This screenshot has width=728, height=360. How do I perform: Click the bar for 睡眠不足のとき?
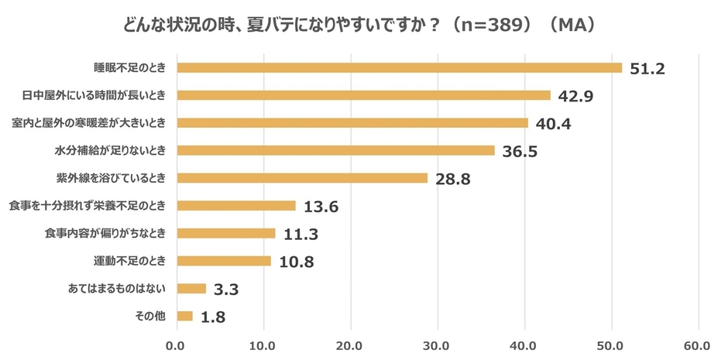pyautogui.click(x=399, y=67)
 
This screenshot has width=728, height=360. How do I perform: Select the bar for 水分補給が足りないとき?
pyautogui.click(x=335, y=150)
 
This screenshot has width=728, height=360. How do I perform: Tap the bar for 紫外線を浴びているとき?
pyautogui.click(x=302, y=178)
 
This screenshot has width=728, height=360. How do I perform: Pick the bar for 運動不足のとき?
pyautogui.click(x=224, y=261)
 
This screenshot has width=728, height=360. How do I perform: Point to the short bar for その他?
pyautogui.click(x=184, y=316)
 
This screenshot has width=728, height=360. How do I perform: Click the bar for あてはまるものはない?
pyautogui.click(x=191, y=288)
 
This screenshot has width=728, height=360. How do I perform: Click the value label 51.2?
pyautogui.click(x=648, y=68)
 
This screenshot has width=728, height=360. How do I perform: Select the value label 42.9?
pyautogui.click(x=575, y=96)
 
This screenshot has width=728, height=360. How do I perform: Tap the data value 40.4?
pyautogui.click(x=554, y=124)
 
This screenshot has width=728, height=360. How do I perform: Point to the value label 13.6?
pyautogui.click(x=321, y=207)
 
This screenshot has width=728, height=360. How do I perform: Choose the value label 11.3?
pyautogui.click(x=300, y=234)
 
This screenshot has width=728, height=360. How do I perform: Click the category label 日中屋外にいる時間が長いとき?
pyautogui.click(x=95, y=95)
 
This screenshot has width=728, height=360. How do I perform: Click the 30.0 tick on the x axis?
pyautogui.click(x=438, y=345)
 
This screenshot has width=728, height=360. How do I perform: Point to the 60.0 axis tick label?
pyautogui.click(x=699, y=345)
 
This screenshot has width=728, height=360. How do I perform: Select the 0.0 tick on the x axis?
pyautogui.click(x=177, y=345)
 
